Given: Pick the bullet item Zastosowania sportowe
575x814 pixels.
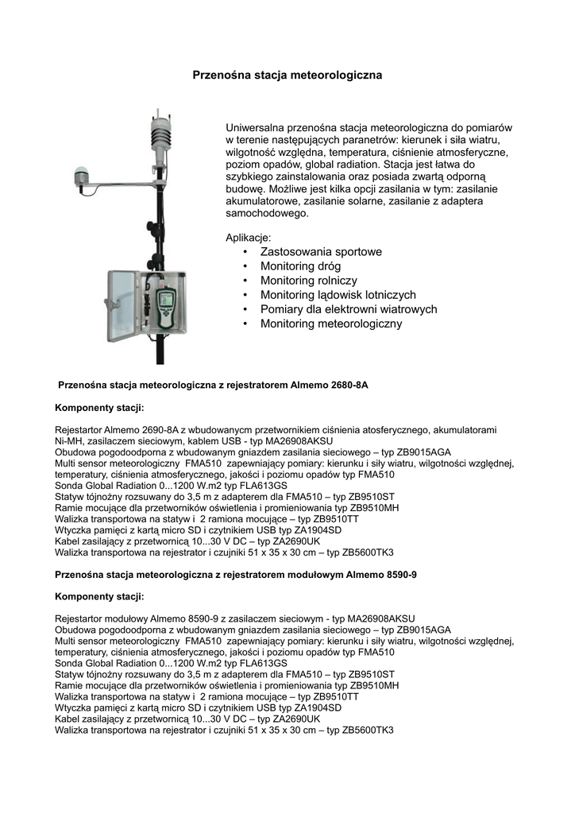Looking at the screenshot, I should pos(321,252).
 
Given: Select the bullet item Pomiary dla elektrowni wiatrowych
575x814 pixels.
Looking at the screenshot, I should pos(349,309).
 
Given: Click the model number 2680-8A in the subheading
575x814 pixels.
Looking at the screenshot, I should pos(349,385).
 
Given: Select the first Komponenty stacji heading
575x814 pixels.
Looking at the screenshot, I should pos(99,408).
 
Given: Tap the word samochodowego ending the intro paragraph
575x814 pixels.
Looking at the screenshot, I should pos(268,213).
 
